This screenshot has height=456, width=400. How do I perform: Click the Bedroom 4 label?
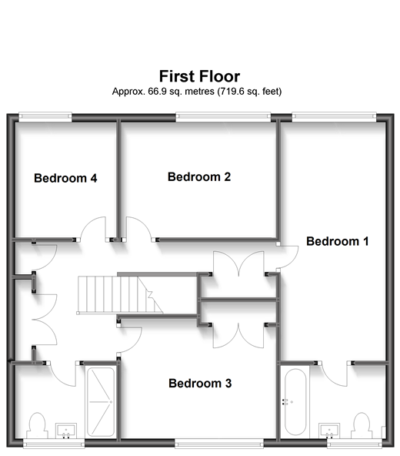[65, 178]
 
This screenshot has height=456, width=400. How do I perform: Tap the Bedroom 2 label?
[199, 177]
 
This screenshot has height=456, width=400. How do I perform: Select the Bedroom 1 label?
[338, 241]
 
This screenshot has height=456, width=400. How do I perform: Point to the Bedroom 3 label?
[200, 384]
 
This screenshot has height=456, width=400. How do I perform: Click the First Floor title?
[199, 76]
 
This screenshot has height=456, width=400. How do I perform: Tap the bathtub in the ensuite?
[295, 402]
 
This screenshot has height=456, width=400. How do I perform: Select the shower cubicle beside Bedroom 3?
[101, 402]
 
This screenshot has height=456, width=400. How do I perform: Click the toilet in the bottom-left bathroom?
[37, 425]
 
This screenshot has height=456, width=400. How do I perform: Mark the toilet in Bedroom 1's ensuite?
[362, 425]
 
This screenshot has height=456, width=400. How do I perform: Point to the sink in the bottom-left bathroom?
[66, 431]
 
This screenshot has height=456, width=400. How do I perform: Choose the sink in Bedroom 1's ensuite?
[329, 431]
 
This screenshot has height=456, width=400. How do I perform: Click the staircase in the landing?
[120, 295]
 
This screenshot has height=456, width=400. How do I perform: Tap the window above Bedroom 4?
[45, 116]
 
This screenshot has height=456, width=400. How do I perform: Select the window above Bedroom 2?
[223, 116]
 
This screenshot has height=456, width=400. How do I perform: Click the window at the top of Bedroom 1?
[334, 116]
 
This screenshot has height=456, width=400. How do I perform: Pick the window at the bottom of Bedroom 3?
[219, 443]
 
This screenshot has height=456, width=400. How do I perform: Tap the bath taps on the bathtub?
[285, 402]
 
